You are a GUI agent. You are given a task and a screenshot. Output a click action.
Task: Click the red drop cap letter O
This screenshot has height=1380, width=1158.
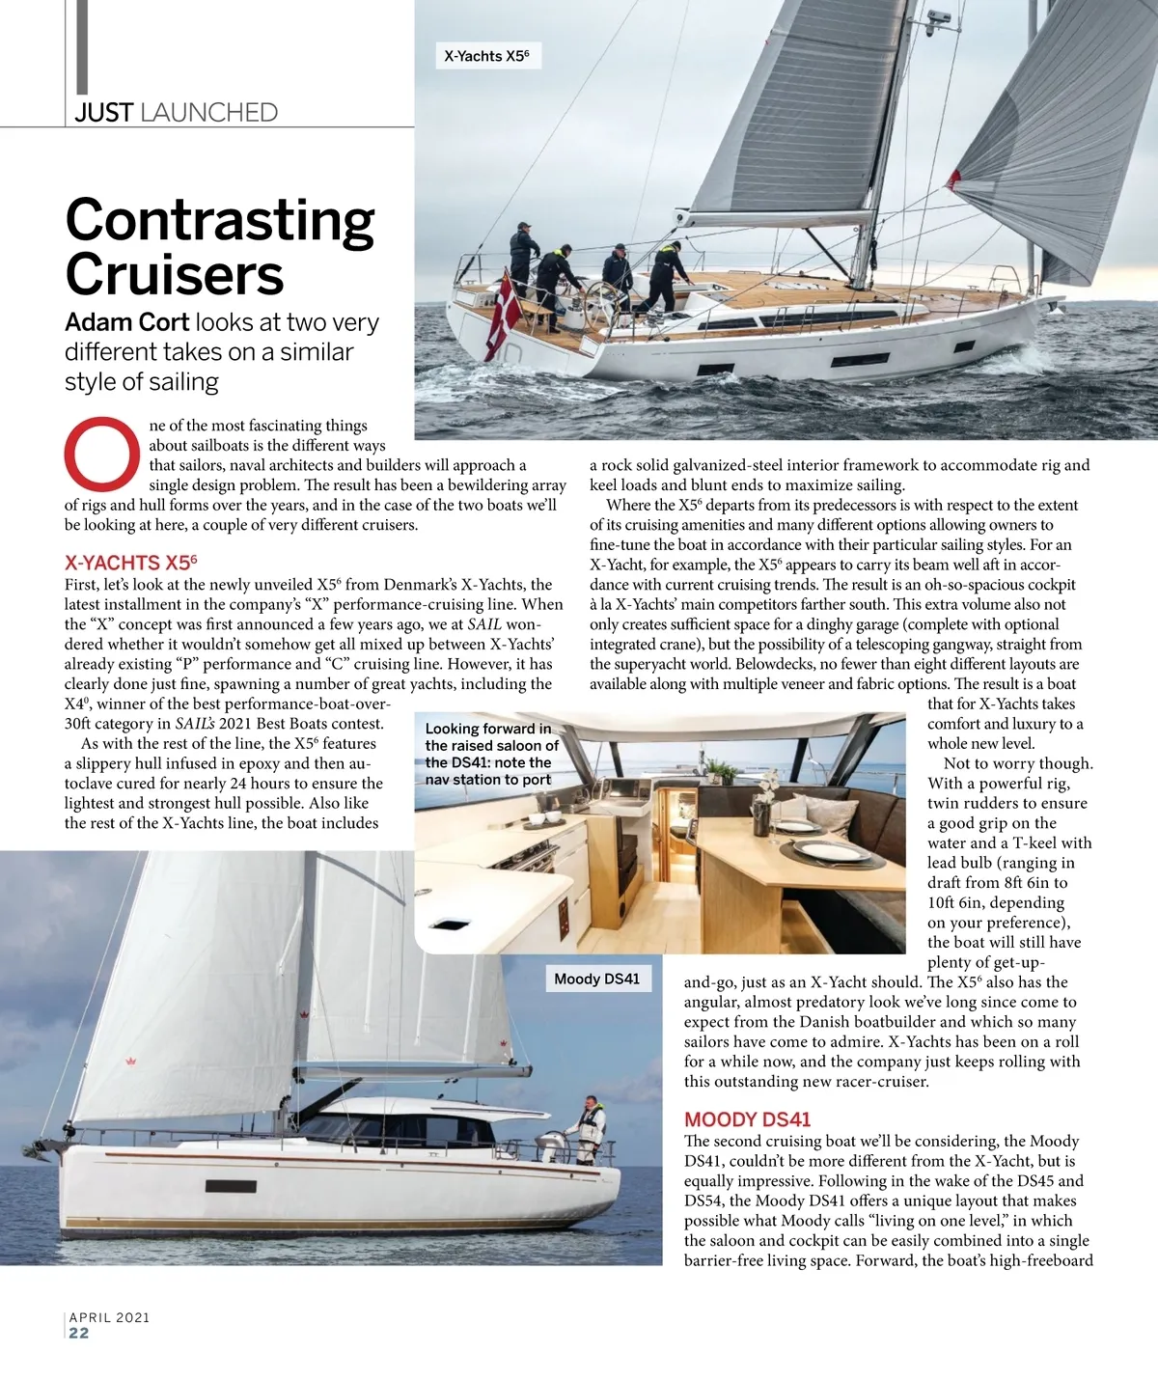[x=102, y=453]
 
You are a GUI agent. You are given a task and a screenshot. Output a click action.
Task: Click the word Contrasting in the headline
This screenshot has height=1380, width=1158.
[x=220, y=221]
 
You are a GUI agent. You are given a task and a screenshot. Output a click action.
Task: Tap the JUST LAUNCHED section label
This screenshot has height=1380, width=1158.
[x=177, y=113]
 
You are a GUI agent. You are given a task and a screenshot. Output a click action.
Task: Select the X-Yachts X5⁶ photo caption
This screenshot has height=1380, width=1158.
[x=487, y=56]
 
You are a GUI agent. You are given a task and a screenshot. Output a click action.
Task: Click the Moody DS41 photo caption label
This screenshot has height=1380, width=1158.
[x=596, y=979]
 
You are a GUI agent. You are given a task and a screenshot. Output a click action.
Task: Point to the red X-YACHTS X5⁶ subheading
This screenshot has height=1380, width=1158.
[x=130, y=563]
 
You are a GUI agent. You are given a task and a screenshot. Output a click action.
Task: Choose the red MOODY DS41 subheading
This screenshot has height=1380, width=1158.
[x=747, y=1119]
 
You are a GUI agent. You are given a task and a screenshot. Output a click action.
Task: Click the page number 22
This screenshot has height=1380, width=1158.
[x=79, y=1333]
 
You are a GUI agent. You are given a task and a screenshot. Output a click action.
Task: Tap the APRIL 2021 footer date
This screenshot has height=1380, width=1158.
[x=109, y=1316]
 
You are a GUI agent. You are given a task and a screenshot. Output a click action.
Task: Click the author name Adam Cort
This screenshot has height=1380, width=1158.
[x=126, y=322]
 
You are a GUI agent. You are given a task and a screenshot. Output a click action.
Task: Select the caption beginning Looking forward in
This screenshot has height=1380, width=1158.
[x=491, y=754]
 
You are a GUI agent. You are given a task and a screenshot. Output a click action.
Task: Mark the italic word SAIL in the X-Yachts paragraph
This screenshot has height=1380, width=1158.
[x=484, y=624]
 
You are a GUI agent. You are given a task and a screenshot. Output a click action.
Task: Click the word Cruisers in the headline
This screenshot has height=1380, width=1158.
[x=175, y=275]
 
